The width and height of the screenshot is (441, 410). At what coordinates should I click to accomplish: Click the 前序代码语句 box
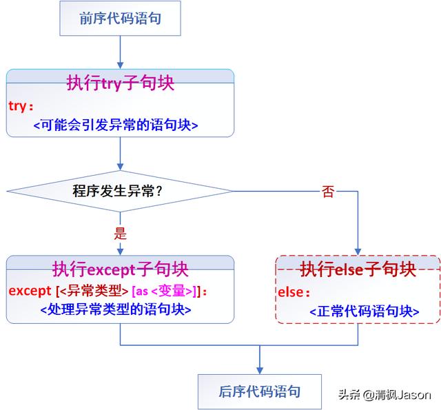tap(120, 19)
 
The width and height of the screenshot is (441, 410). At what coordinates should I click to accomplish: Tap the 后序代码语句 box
tap(259, 391)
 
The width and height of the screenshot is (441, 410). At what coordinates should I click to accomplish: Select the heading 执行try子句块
tap(120, 83)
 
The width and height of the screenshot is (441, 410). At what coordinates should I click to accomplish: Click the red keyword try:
tap(21, 107)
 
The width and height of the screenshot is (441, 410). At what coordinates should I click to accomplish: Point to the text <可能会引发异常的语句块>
tap(116, 125)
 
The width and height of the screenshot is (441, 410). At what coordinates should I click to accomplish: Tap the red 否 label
tap(328, 192)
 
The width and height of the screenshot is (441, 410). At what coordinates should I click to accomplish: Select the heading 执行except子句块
tap(120, 269)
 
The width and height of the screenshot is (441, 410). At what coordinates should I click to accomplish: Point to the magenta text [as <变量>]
tap(168, 290)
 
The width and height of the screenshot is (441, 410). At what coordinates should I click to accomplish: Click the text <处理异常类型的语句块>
tap(116, 310)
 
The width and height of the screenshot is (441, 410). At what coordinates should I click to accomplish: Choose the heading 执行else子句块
tap(358, 269)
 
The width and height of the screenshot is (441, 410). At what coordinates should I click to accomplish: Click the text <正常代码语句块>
tap(364, 311)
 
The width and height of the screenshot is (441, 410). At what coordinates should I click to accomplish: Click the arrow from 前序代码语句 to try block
tap(120, 52)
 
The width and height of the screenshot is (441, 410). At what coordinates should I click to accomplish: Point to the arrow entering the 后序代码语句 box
tap(259, 360)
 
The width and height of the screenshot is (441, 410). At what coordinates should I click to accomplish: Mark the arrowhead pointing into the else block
tap(358, 251)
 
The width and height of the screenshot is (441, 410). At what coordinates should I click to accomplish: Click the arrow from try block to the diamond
tap(120, 153)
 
